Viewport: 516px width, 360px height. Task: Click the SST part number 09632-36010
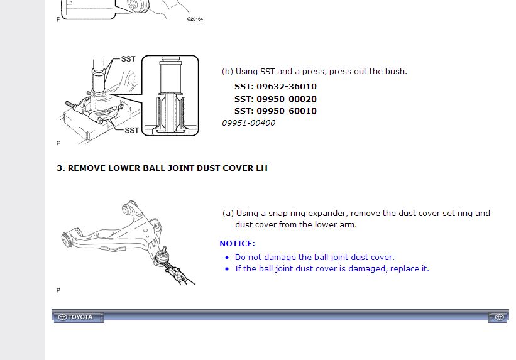[x=287, y=87]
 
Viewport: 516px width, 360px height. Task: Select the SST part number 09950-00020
[x=287, y=99]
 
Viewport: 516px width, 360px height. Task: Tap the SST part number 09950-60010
[x=287, y=111]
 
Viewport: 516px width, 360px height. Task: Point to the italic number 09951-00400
[x=248, y=123]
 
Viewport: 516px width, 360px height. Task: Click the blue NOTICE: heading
[x=238, y=244]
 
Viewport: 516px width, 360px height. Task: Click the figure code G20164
[x=195, y=19]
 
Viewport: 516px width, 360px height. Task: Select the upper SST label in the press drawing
[x=128, y=59]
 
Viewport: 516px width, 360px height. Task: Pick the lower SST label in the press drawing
[x=132, y=130]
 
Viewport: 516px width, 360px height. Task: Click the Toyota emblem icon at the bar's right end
[x=499, y=317]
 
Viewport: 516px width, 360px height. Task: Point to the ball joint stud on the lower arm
[x=164, y=250]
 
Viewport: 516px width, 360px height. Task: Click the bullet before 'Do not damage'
[x=227, y=258]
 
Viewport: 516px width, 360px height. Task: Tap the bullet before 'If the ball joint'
[x=227, y=269]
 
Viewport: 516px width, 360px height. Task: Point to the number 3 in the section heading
[x=59, y=168]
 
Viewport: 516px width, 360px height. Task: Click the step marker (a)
[x=228, y=214]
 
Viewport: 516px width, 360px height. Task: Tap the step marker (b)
[x=228, y=72]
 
